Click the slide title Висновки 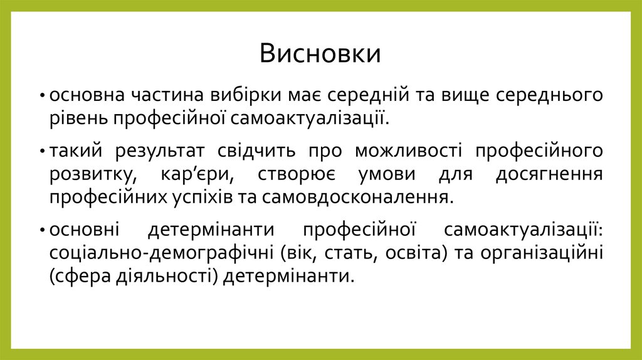(320, 54)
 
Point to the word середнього (549, 95)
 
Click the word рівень (76, 117)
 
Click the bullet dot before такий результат (41, 152)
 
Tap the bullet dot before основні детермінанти (41, 231)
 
